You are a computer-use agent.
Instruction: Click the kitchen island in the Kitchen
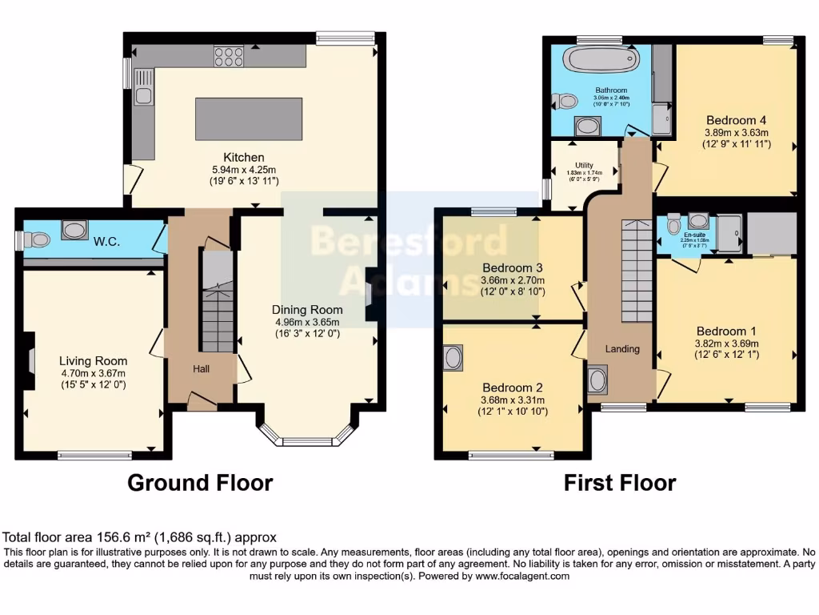click(249, 119)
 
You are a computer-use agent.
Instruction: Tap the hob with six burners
click(229, 56)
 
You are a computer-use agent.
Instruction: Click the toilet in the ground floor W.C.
click(36, 239)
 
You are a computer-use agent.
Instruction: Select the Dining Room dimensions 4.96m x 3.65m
click(307, 322)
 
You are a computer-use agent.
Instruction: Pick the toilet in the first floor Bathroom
click(566, 101)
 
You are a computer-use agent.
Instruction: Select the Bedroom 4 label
click(736, 121)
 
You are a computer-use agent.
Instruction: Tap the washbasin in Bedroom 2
click(453, 357)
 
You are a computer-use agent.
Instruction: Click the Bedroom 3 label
click(513, 267)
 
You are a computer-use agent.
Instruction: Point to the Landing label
click(622, 348)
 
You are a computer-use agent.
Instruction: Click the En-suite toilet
click(674, 221)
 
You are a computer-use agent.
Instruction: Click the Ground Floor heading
click(200, 483)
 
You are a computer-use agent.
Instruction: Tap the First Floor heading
click(619, 483)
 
